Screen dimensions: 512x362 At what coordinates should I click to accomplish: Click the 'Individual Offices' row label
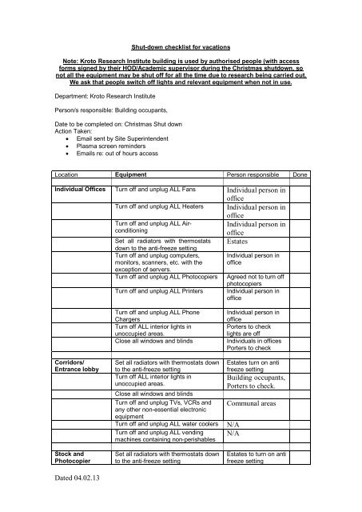tap(80, 189)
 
